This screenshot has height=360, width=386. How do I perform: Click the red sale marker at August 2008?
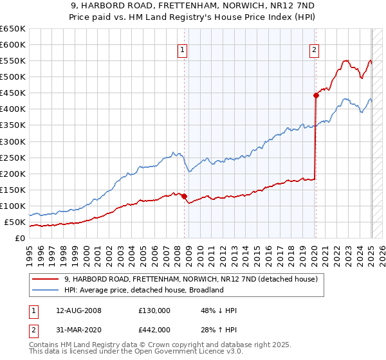coord(184,196)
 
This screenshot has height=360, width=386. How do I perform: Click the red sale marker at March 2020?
coord(316,95)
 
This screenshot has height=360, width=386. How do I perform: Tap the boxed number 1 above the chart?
coord(183,50)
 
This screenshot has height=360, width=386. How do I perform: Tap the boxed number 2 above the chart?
coord(315,50)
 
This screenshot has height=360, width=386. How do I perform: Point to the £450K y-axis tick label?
coord(14,93)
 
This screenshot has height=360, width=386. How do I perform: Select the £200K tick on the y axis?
coord(14,174)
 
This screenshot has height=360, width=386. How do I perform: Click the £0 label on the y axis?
coord(19,239)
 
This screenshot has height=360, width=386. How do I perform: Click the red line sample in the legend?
coord(45,280)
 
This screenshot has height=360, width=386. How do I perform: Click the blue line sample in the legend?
coord(45,291)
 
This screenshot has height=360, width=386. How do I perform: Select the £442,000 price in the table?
coord(154,330)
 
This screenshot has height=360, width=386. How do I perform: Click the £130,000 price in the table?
coord(154,310)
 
